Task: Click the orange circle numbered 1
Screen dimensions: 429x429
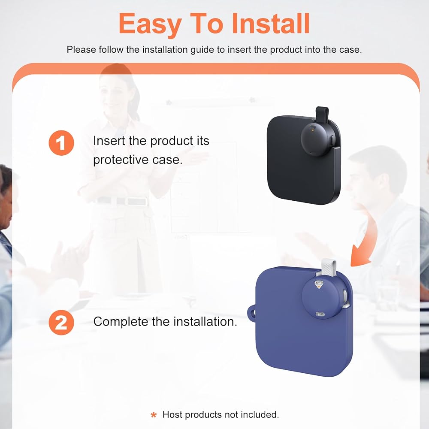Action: coord(61,143)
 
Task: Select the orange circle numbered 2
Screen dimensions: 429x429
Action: coord(61,322)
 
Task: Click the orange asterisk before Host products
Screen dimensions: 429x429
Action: coord(154,415)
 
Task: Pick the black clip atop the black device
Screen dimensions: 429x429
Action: coord(322,114)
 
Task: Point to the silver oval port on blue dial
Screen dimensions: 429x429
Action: coord(320,314)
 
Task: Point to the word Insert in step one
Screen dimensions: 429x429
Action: coord(109,141)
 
